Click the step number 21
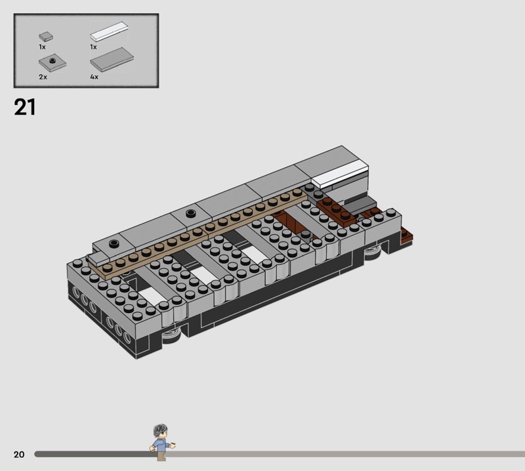[x=24, y=107]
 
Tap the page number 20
[x=19, y=454]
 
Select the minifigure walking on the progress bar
[x=162, y=443]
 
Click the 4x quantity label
[x=94, y=77]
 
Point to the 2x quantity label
[x=43, y=77]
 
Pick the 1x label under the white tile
[x=93, y=47]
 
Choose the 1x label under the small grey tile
[x=42, y=47]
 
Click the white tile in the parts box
[x=109, y=31]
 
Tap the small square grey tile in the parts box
[x=46, y=36]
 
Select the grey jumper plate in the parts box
[x=52, y=62]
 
